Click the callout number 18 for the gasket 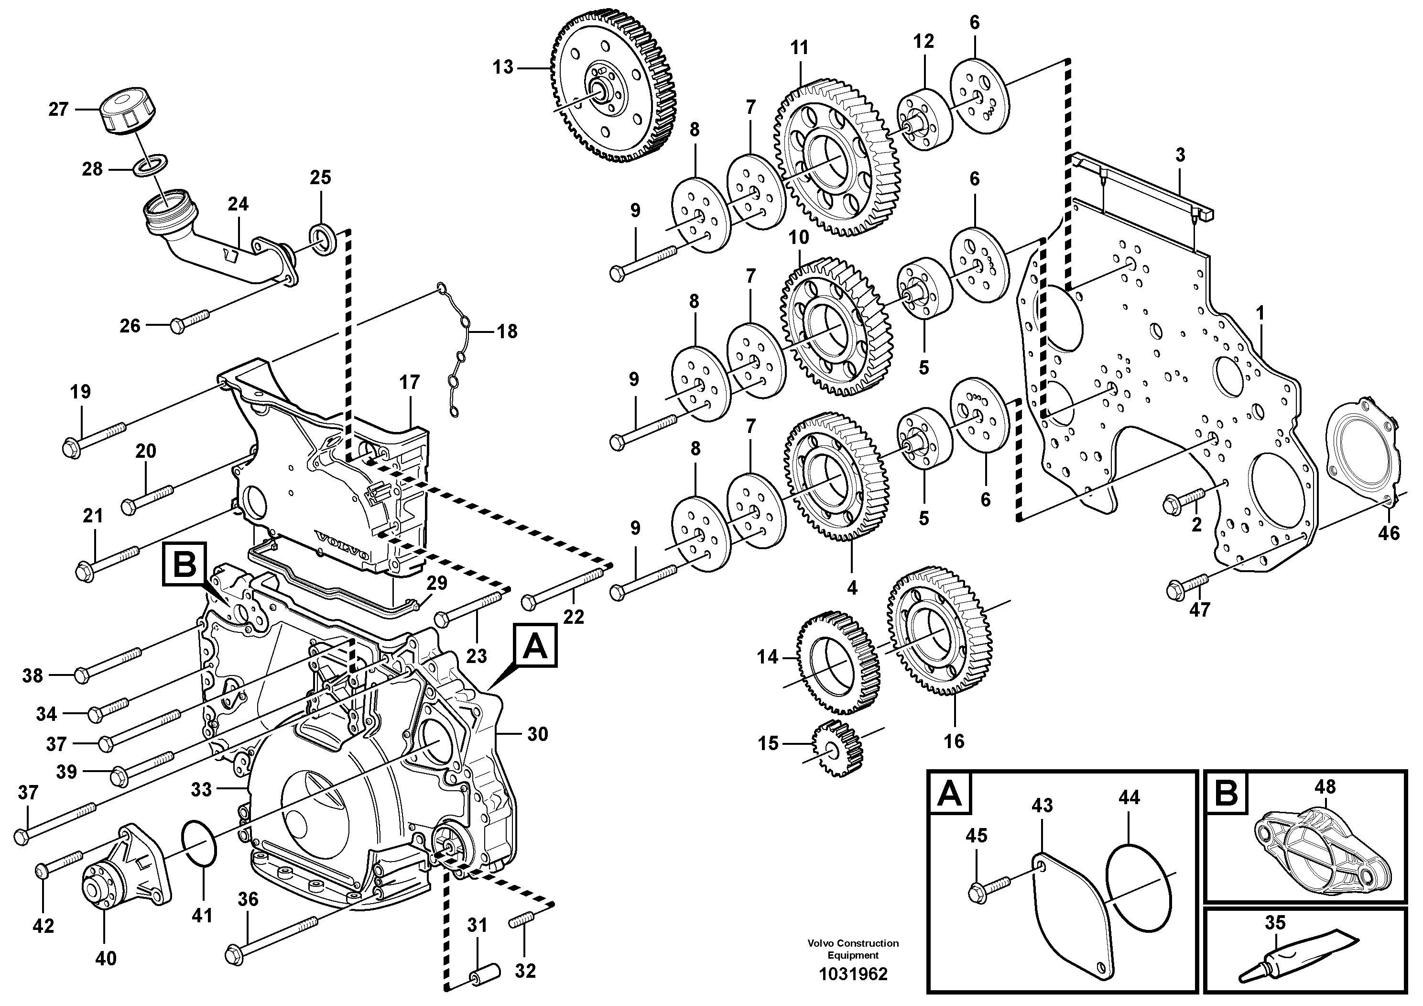coord(507,332)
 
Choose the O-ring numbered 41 coord(199,843)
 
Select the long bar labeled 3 coord(1143,186)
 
